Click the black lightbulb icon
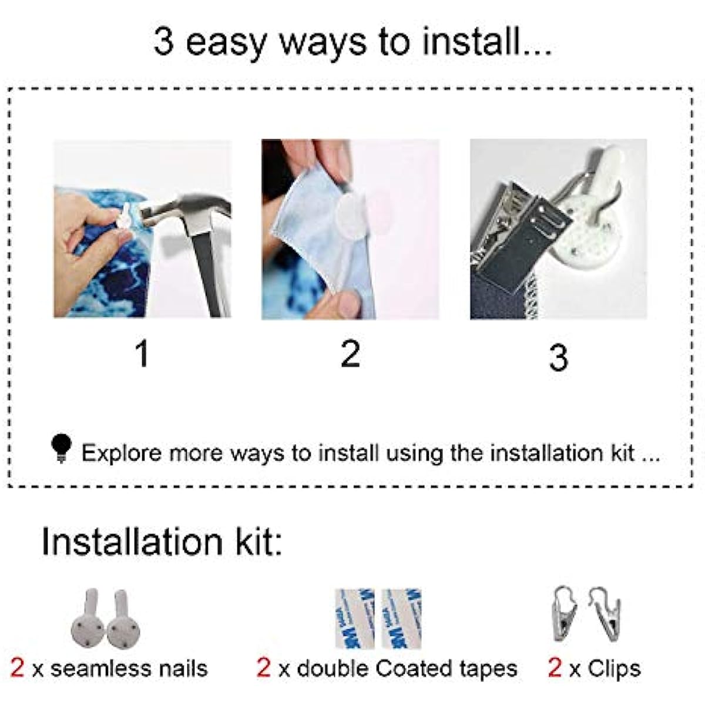[62, 448]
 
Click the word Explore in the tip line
[122, 454]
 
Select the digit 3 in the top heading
[163, 42]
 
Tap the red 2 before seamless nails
[17, 667]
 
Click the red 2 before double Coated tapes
[263, 667]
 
